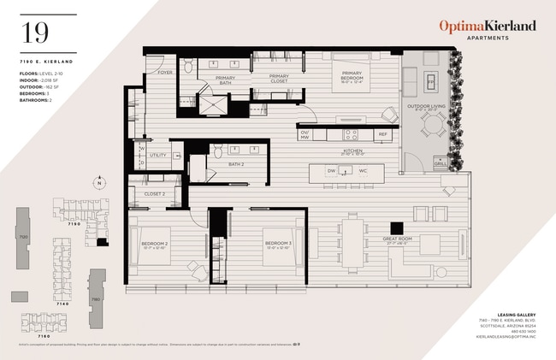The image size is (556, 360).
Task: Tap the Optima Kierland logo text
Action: tap(488, 27)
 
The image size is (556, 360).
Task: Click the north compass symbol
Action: tap(99, 183)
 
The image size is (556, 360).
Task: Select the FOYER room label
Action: tap(164, 73)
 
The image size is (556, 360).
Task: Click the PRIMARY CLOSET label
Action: tap(279, 80)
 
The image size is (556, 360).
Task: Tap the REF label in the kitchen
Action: tap(383, 134)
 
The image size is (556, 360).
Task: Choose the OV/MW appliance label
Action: tap(305, 134)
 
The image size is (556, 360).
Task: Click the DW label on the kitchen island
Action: tap(330, 170)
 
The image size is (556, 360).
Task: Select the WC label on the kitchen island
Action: tap(363, 170)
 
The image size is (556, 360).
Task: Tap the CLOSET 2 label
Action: tap(154, 194)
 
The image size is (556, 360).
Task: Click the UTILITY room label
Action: tap(157, 156)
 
